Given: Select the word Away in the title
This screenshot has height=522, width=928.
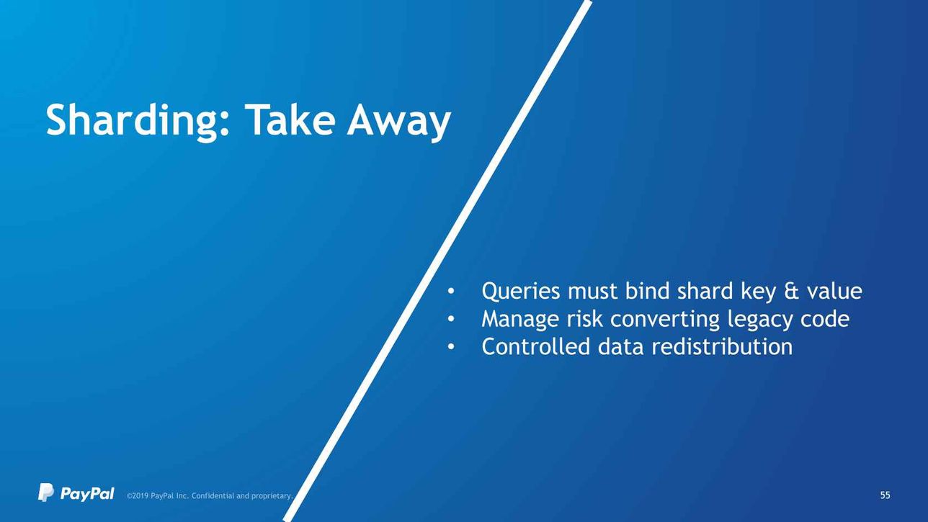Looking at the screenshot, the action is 398,122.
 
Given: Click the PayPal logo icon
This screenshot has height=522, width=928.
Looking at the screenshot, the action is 46,492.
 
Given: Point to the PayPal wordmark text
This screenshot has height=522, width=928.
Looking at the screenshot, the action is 87,493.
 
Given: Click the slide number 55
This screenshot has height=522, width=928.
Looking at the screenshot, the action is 885,495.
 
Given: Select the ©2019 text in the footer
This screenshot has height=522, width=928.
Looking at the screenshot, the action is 138,496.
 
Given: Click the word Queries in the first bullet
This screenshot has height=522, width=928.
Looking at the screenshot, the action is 521,292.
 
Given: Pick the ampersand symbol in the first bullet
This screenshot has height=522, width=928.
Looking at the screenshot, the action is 791,291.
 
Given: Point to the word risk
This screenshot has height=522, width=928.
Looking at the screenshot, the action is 584,319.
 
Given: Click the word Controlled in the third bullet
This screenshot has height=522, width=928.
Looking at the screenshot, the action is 535,346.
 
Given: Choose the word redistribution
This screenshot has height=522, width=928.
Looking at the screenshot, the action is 722,346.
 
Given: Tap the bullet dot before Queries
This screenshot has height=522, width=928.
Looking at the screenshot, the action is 451,292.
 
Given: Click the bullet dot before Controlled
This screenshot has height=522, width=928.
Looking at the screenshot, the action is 451,346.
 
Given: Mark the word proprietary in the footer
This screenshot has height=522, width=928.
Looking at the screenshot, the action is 272,496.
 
